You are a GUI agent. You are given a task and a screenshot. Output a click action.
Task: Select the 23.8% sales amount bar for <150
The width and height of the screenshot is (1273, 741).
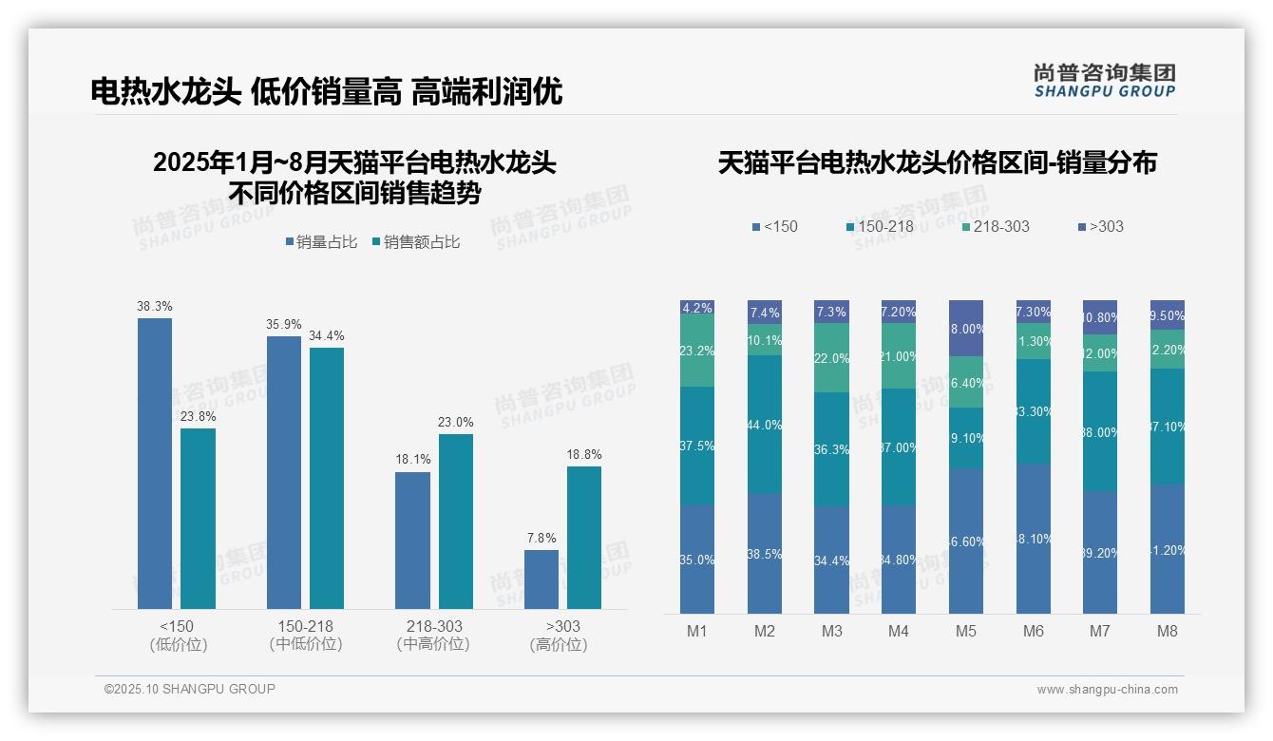coord(198,519)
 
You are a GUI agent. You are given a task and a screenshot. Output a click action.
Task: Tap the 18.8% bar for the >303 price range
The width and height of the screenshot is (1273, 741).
coord(584,538)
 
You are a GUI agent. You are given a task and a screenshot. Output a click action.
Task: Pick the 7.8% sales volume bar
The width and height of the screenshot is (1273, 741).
coord(541,579)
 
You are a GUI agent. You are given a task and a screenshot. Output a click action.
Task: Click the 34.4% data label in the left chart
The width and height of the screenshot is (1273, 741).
coord(326,336)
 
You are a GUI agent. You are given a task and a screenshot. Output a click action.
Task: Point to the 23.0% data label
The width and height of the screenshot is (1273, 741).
coord(455,423)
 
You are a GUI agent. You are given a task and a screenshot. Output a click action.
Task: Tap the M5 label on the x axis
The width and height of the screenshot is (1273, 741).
coord(966,632)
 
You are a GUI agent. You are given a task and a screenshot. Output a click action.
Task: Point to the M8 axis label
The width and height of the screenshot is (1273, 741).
coord(1168,632)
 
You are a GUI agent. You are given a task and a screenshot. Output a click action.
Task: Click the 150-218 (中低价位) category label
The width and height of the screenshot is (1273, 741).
coord(305,635)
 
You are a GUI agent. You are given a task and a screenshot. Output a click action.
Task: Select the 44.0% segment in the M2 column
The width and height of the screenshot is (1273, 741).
coord(765,425)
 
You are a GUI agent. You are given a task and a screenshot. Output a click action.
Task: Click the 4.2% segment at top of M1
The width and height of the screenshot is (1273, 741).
coord(697,308)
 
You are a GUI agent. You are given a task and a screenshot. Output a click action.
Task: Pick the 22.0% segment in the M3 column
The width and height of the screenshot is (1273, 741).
coord(832,358)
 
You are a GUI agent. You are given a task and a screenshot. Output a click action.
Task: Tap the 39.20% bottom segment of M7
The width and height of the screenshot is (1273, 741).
coord(1101,552)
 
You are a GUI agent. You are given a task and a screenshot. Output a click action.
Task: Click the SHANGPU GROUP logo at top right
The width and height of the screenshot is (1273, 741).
coord(1105,81)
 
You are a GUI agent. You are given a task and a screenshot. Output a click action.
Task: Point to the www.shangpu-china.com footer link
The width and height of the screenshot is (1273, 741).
coord(1107,690)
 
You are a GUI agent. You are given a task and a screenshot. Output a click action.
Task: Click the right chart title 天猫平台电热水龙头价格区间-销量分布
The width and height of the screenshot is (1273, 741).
coord(938,163)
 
